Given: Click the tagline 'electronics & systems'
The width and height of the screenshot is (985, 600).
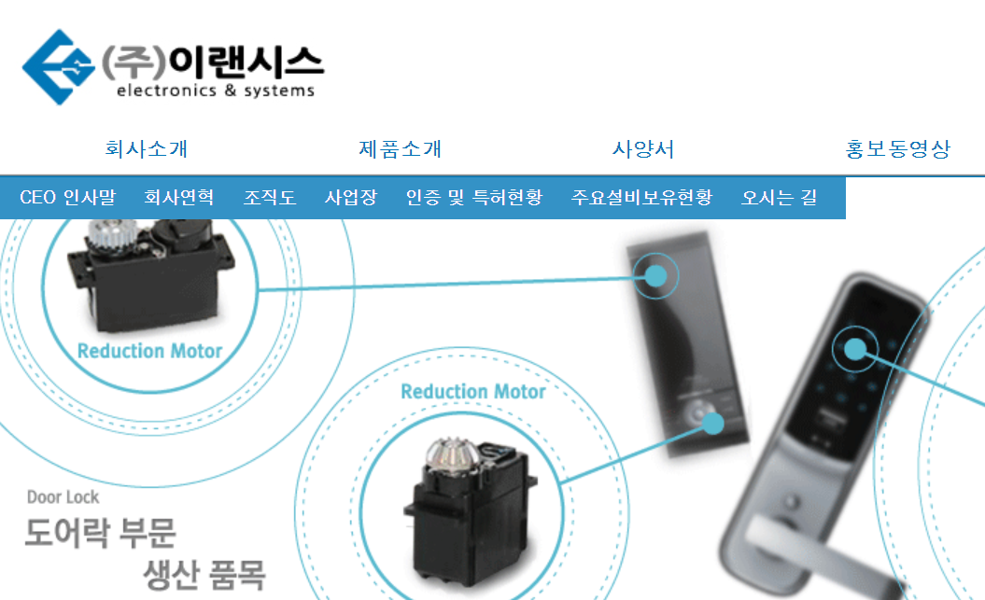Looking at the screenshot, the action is click(215, 91).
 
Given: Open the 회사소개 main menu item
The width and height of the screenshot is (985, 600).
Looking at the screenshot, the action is click(147, 149).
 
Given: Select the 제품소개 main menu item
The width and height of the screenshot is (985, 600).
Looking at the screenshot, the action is click(400, 149).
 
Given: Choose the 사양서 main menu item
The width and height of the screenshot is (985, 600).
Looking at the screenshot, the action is click(643, 149).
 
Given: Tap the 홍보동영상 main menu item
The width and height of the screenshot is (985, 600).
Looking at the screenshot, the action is click(897, 149).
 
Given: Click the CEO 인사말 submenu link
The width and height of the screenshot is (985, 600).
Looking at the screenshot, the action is click(67, 198).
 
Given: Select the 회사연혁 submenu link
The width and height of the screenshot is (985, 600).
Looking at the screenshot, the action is click(179, 198).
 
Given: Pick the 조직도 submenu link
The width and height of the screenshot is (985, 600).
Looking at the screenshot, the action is click(270, 198).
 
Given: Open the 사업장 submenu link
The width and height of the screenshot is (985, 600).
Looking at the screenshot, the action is click(351, 198).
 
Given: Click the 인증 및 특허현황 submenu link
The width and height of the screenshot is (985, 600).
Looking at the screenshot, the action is click(473, 198).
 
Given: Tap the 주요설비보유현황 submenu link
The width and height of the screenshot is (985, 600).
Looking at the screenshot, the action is click(641, 198).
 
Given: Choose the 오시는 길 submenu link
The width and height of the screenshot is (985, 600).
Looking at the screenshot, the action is click(779, 198).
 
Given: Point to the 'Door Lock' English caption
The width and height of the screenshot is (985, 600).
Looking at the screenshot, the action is click(63, 497).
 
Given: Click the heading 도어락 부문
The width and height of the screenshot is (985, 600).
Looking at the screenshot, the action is click(100, 534).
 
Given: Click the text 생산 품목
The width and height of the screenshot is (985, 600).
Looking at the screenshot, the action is click(204, 570).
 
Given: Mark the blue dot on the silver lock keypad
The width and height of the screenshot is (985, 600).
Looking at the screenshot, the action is click(855, 349).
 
